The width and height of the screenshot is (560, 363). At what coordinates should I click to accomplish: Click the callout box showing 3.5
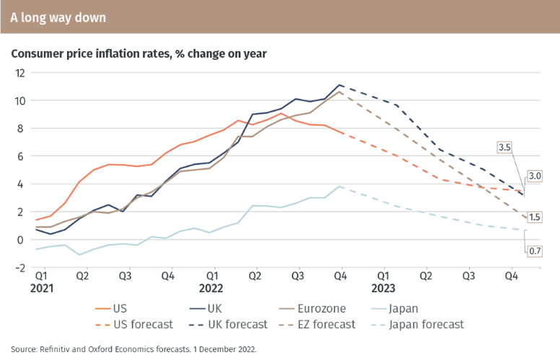tap(505, 146)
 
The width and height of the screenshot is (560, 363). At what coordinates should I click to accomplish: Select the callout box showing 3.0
tap(535, 175)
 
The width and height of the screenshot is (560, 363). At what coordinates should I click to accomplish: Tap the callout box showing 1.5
tap(535, 217)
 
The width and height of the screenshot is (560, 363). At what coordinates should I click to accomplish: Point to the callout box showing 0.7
tap(535, 251)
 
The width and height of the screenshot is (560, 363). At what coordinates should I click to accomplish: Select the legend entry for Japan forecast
tap(426, 325)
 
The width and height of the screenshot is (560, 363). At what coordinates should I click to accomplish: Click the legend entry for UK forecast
tap(237, 325)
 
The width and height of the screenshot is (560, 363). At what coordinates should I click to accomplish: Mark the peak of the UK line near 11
tap(339, 85)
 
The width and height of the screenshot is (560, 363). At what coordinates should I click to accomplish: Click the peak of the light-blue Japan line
tap(339, 186)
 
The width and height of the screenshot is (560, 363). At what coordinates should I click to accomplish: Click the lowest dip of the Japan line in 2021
tap(79, 255)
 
